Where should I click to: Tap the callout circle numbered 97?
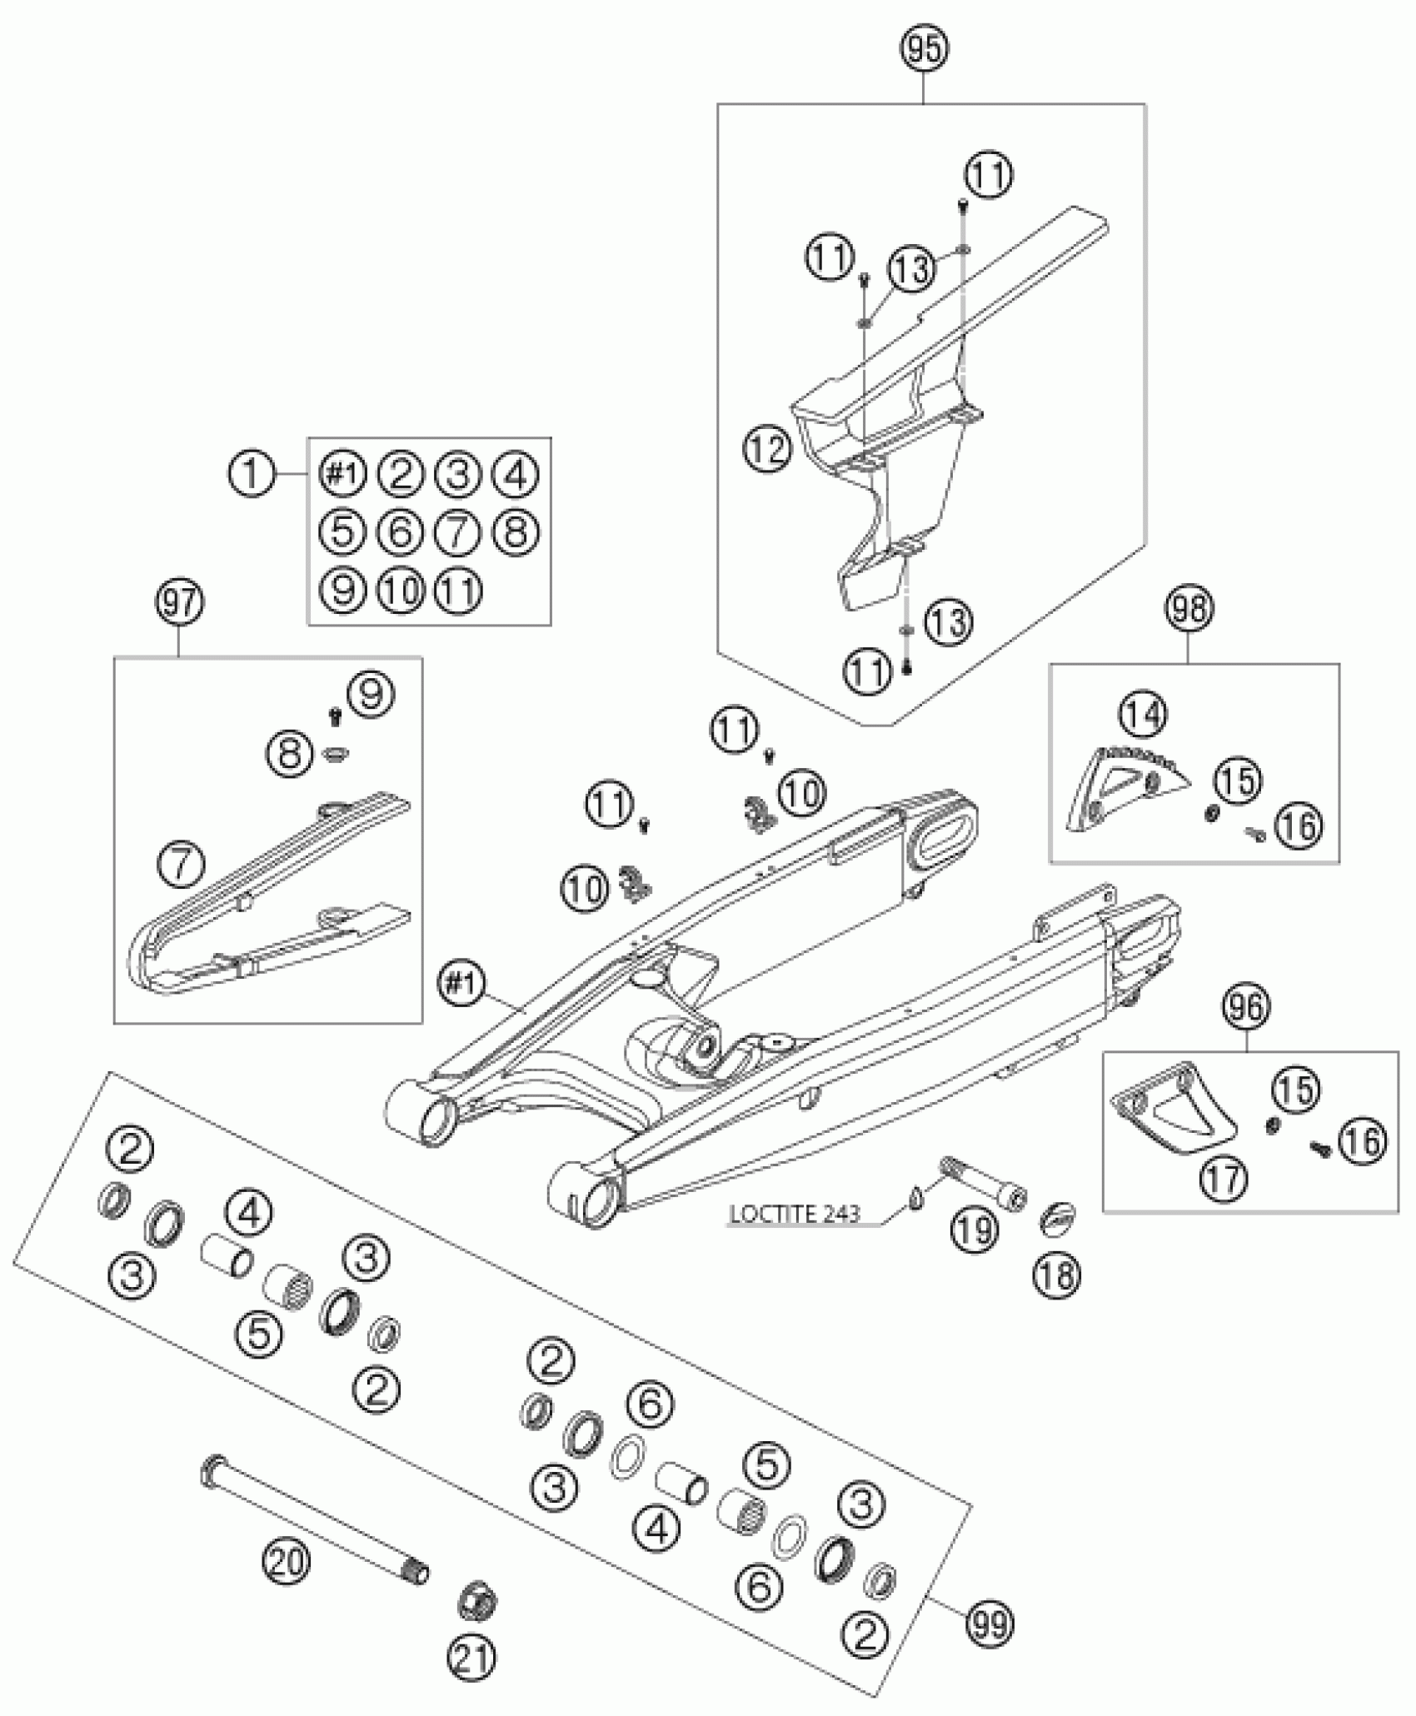tap(180, 603)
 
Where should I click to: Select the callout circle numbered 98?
tap(1190, 609)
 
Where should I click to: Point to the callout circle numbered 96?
tap(1247, 1009)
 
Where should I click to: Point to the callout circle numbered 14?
tap(1144, 714)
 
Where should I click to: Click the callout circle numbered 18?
tap(1058, 1275)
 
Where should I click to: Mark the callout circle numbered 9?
tap(371, 694)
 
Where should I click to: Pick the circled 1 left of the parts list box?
tap(250, 475)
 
